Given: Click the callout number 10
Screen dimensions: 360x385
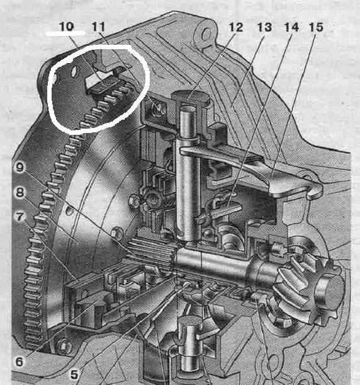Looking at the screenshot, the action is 66,26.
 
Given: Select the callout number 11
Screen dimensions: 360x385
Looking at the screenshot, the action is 99,26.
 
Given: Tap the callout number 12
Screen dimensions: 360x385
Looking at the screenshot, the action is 236,27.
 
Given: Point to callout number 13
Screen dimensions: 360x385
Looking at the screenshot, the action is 264,27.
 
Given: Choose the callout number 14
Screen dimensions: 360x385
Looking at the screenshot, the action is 291,27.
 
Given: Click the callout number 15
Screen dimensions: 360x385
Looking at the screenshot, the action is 316,27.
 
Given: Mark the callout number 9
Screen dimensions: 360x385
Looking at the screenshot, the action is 20,167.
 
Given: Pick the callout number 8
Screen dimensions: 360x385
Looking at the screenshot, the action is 20,192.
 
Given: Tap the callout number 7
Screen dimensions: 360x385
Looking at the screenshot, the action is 20,217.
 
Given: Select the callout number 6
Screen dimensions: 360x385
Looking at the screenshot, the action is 19,362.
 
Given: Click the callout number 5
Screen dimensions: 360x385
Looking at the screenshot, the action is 74,375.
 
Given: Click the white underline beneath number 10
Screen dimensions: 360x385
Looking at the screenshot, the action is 65,33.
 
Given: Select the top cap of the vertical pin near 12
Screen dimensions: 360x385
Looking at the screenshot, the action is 190,96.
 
